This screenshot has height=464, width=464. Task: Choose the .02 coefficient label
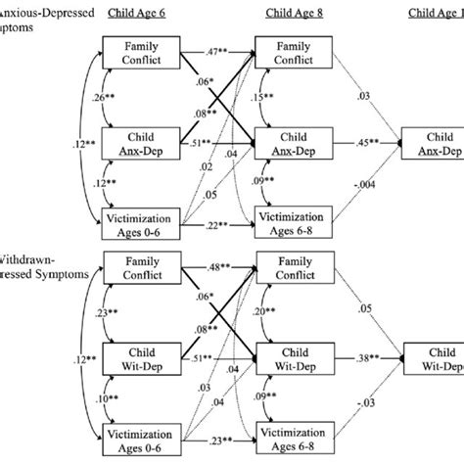[x=209, y=166]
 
